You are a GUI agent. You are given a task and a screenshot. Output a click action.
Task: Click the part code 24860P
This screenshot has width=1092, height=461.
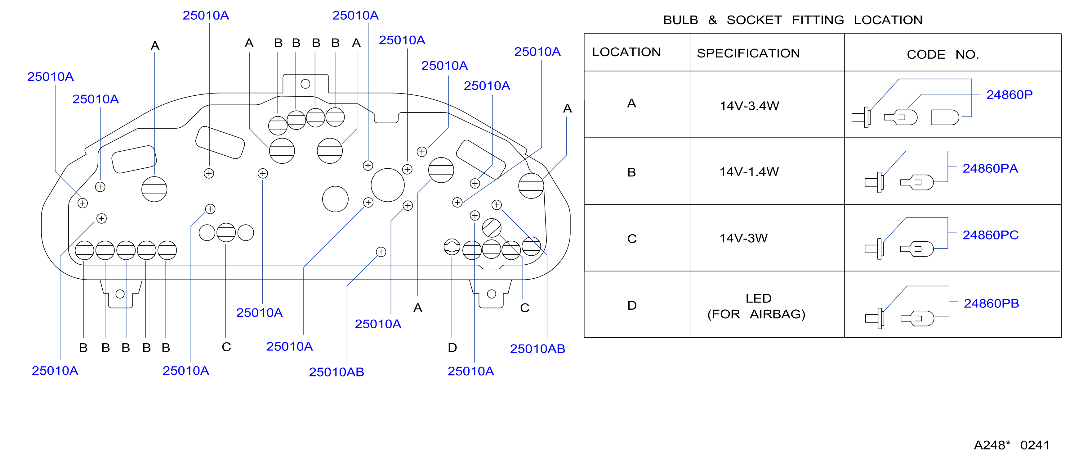[x=1009, y=95]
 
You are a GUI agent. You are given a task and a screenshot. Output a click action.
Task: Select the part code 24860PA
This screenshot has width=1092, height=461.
[x=990, y=168]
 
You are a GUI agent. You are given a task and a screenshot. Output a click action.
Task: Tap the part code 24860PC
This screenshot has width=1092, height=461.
[x=990, y=235]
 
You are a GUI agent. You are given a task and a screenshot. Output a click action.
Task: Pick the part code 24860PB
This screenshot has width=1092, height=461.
[x=991, y=304]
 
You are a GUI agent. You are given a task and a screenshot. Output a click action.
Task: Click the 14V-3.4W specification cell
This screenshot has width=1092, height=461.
[x=749, y=106]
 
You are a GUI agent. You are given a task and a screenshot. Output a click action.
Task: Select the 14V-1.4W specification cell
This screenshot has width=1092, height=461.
[x=749, y=172]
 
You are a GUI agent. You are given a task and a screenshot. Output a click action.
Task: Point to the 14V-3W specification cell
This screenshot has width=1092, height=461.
[x=743, y=238]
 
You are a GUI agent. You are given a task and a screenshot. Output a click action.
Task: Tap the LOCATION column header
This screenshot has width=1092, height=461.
[x=626, y=52]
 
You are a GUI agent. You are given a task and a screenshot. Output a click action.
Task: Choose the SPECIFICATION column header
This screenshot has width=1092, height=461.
[x=748, y=53]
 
